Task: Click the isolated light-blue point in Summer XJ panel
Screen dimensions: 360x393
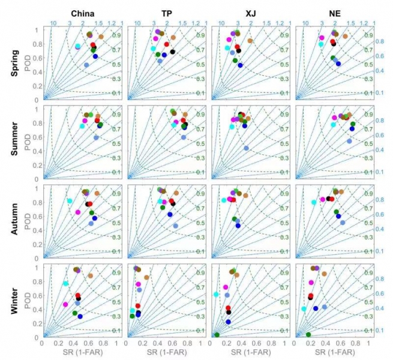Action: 247,148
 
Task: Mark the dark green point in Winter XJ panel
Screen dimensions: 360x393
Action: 217,334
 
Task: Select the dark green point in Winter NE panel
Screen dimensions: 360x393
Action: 308,334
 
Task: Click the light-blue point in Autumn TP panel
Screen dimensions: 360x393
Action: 176,226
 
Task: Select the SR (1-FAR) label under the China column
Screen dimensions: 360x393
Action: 80,352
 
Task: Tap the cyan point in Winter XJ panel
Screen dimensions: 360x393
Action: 216,294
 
